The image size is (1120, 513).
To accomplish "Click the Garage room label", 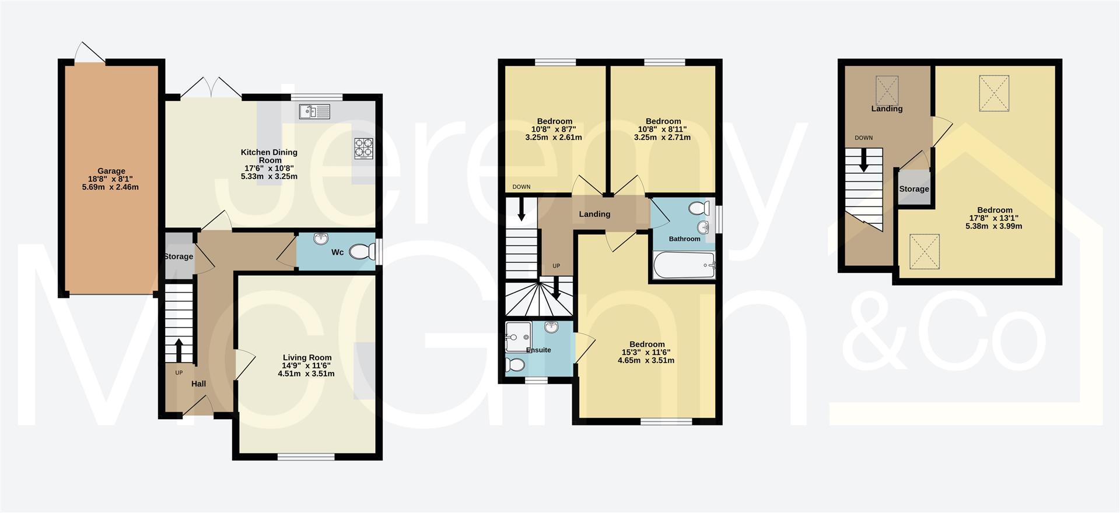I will [x=111, y=171].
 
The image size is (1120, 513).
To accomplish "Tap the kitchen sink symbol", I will [x=314, y=111].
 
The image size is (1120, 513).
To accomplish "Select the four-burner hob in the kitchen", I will [x=363, y=148].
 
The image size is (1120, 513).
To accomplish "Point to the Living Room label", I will [x=307, y=357].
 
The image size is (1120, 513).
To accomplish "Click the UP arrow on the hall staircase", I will [x=179, y=350].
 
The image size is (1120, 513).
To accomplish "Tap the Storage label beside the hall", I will [x=178, y=256].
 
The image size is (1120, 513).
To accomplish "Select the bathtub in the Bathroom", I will [x=684, y=266].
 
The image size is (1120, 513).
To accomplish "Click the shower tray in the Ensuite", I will [x=518, y=336].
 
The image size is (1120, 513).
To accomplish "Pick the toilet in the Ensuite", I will [x=516, y=365].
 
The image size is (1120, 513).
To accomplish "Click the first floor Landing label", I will [x=594, y=214].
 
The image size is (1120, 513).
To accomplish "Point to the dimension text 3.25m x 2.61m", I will [x=554, y=138].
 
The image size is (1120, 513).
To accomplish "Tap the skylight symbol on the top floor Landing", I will [x=887, y=90].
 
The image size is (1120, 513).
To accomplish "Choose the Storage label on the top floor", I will [x=914, y=189].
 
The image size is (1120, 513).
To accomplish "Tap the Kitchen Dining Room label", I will [x=269, y=156].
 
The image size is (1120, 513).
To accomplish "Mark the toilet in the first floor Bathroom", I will [x=698, y=208].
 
